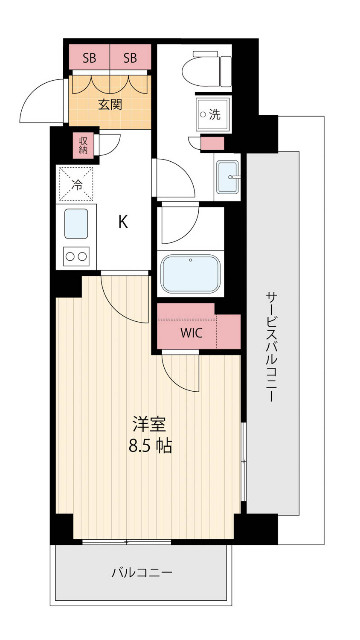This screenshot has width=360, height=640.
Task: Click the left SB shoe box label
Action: point(90,58)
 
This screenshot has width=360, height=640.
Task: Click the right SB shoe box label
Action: point(130,58)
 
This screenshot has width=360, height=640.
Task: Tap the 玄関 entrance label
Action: point(110,105)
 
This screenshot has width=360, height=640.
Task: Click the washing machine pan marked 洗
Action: point(213,115)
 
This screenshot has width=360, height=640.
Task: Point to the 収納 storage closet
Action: point(83,145)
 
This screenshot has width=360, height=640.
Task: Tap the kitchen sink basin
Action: point(76,224)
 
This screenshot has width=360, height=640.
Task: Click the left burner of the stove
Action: point(70,256)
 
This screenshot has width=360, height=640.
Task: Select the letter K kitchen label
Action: point(123,222)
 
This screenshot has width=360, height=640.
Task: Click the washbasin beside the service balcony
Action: point(228,177)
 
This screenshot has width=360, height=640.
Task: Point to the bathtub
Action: point(191,274)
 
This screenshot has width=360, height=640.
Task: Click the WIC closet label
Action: point(192,333)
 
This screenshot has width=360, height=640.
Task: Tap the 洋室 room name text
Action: point(149,424)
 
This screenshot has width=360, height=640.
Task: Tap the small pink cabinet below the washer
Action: point(212,143)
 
